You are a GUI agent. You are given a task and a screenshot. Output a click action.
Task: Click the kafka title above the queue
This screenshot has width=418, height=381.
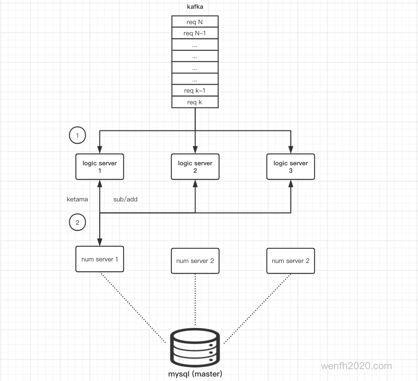click(195, 7)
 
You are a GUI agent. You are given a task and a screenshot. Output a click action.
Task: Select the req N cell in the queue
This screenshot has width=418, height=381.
click(195, 22)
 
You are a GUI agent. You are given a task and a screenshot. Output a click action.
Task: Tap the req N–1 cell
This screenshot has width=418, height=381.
click(195, 33)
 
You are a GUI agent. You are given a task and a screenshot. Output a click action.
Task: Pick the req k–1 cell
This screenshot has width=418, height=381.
click(195, 90)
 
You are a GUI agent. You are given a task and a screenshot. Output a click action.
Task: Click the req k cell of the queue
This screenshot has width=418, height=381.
click(195, 102)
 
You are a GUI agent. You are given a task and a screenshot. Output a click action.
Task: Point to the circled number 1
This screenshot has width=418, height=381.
click(77, 135)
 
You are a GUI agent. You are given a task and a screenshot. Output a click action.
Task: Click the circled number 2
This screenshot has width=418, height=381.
click(77, 222)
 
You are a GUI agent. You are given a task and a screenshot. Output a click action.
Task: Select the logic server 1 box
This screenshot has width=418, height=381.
click(100, 167)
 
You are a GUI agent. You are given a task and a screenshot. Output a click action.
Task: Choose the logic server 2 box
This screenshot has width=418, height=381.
click(195, 167)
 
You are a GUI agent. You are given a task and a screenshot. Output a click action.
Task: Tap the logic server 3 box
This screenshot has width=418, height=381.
click(291, 167)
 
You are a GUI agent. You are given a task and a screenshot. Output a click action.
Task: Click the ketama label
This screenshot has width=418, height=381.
click(77, 199)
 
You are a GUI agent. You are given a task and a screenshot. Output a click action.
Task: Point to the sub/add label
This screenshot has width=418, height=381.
click(125, 199)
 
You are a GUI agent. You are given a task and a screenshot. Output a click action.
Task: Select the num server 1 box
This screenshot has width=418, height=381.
click(100, 259)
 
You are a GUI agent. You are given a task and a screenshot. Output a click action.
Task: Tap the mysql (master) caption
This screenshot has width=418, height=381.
click(195, 374)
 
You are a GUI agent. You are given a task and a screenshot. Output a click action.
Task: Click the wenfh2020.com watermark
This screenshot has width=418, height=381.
click(356, 366)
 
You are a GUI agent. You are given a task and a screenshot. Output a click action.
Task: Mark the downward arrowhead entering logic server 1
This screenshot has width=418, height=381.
click(100, 150)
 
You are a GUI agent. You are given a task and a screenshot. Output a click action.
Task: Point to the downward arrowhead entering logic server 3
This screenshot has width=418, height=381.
click(291, 150)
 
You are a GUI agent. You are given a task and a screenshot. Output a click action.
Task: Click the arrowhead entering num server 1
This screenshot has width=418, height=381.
click(100, 242)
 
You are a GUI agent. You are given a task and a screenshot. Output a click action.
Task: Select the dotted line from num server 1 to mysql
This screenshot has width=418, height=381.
click(133, 308)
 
